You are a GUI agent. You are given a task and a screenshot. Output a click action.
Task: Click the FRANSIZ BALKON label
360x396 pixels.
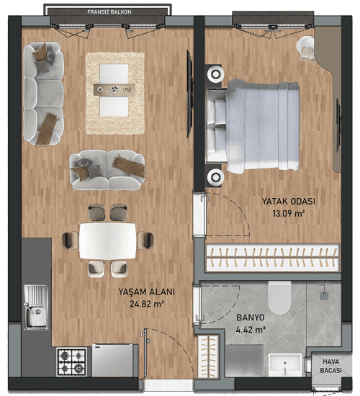click(x=109, y=12)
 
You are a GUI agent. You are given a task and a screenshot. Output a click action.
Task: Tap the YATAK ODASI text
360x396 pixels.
click(x=288, y=202)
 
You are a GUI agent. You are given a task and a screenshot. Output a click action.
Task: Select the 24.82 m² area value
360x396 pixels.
click(x=147, y=304)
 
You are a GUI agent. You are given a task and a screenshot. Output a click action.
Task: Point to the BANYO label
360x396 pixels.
click(x=251, y=318)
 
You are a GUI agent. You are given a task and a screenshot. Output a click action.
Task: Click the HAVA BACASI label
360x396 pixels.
click(x=330, y=366)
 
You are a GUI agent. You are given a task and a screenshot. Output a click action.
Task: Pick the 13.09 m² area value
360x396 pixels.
click(x=288, y=214)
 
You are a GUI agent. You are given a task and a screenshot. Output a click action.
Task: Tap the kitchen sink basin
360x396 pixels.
click(x=37, y=316)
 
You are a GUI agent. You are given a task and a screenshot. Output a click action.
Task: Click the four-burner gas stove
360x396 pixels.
click(x=72, y=361)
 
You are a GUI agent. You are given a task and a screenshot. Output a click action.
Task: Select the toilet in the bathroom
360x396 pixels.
click(x=279, y=298)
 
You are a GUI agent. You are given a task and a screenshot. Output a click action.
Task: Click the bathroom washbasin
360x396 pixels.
click(x=285, y=365)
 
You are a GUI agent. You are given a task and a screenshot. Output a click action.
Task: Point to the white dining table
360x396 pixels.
click(x=108, y=241)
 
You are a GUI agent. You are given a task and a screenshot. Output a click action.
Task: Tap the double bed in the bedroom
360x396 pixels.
click(x=253, y=127)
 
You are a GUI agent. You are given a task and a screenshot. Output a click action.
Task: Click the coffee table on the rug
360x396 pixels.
click(x=114, y=90)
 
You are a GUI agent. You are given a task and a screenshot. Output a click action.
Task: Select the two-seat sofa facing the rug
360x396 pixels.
click(x=107, y=170)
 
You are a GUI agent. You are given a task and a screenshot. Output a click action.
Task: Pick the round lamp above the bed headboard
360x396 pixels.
click(x=215, y=74)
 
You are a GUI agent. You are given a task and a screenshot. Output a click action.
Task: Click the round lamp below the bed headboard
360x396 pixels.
click(x=215, y=177)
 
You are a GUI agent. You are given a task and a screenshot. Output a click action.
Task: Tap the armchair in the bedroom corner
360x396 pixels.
click(x=306, y=49)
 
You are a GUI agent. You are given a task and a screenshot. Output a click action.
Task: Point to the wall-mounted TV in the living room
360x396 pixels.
click(x=190, y=94)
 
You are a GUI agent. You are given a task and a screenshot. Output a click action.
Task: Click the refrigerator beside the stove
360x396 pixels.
click(x=112, y=360)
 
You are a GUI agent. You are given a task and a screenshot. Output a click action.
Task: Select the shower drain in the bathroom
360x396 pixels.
click(x=324, y=295)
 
